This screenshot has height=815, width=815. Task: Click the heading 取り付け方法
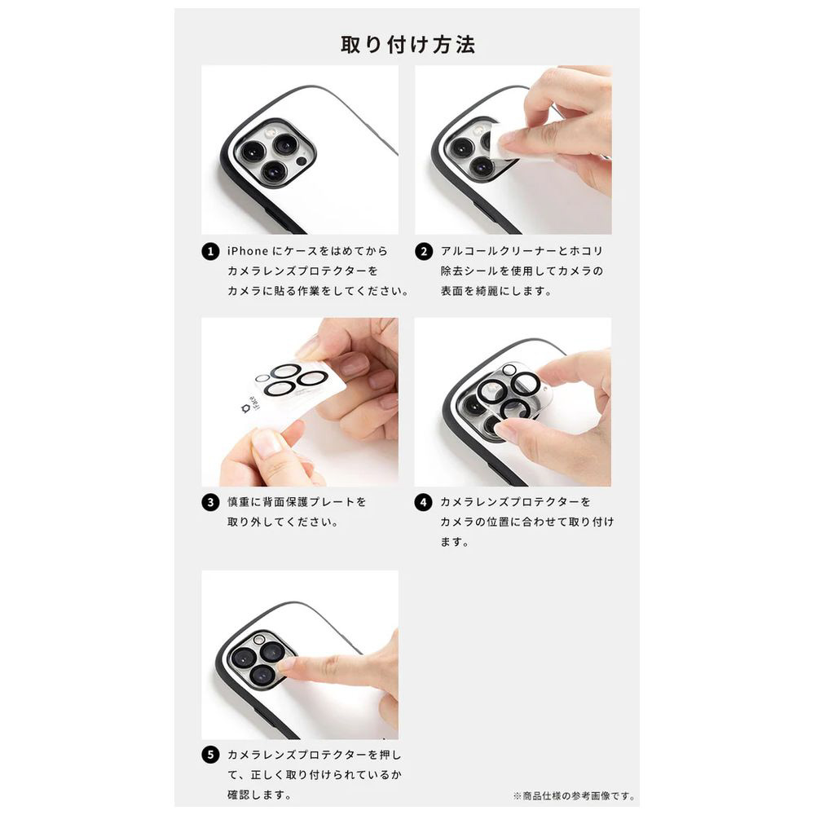click(407, 45)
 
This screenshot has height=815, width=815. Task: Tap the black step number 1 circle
click(210, 252)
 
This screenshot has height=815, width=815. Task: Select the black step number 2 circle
click(424, 252)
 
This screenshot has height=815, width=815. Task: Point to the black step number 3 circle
click(210, 503)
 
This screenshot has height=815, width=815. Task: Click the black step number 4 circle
click(423, 503)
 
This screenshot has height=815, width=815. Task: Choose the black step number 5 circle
click(210, 755)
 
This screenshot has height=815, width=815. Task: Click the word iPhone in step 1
click(248, 251)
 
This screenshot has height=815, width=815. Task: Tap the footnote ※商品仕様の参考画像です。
click(574, 795)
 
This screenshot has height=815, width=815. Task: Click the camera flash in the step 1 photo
click(271, 134)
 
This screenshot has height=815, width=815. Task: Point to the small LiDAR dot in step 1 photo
click(301, 161)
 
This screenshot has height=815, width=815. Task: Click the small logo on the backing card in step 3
click(246, 408)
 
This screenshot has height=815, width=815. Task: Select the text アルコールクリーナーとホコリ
click(522, 251)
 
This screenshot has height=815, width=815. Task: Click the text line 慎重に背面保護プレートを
click(297, 502)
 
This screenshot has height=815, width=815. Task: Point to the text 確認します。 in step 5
click(259, 795)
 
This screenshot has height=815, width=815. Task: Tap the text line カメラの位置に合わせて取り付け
click(527, 522)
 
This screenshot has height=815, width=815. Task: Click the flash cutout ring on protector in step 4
click(509, 369)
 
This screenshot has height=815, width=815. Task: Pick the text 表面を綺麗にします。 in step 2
click(496, 291)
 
